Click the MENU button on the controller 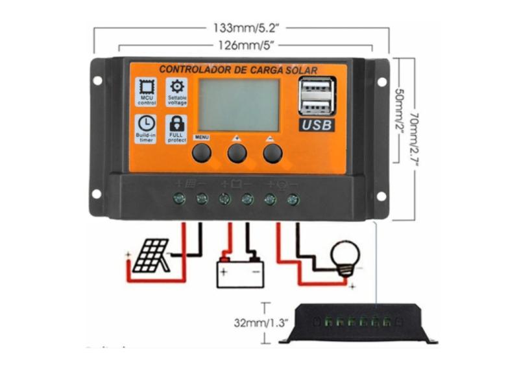tap(201, 152)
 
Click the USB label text tap(317, 125)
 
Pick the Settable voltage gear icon tap(176, 86)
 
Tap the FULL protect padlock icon tap(176, 123)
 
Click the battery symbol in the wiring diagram tap(239, 270)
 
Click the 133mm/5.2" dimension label tap(241, 29)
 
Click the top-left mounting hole tap(97, 81)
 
